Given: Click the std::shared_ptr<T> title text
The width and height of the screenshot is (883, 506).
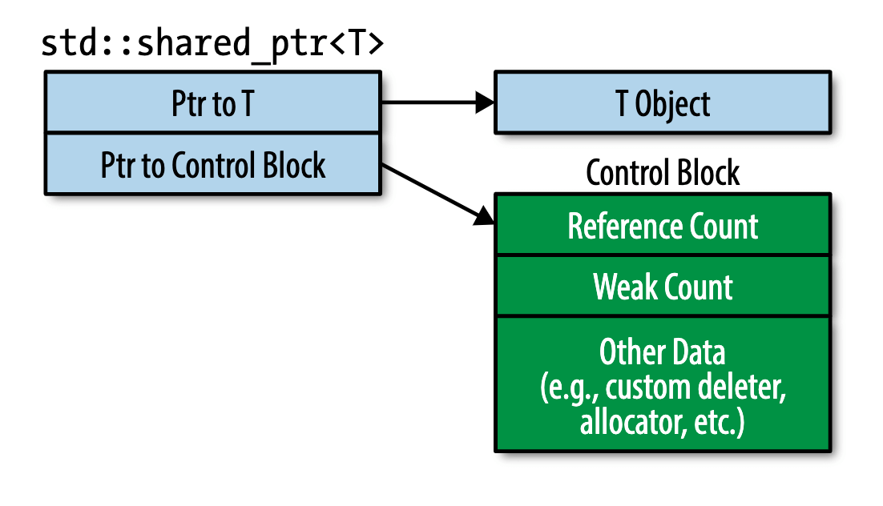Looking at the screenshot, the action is coord(212,44).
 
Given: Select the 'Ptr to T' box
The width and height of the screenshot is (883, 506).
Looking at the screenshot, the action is coord(213,102).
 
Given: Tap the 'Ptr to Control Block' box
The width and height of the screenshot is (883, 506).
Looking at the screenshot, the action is coord(213,164).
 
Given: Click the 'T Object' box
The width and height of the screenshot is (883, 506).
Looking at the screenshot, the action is coord(663,102).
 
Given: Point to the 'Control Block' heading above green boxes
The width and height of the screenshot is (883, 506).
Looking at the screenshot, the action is coord(663,172).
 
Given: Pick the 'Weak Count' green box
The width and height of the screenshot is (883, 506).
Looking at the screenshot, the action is coord(663,286).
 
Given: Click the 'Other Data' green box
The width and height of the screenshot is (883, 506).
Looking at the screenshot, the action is coord(663,384).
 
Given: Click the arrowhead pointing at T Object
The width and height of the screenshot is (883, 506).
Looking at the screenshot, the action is coord(484,102).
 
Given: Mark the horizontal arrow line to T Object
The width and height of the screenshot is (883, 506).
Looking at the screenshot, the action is coord(437,102).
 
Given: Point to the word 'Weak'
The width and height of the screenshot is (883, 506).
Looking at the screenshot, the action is coord(624,287).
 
